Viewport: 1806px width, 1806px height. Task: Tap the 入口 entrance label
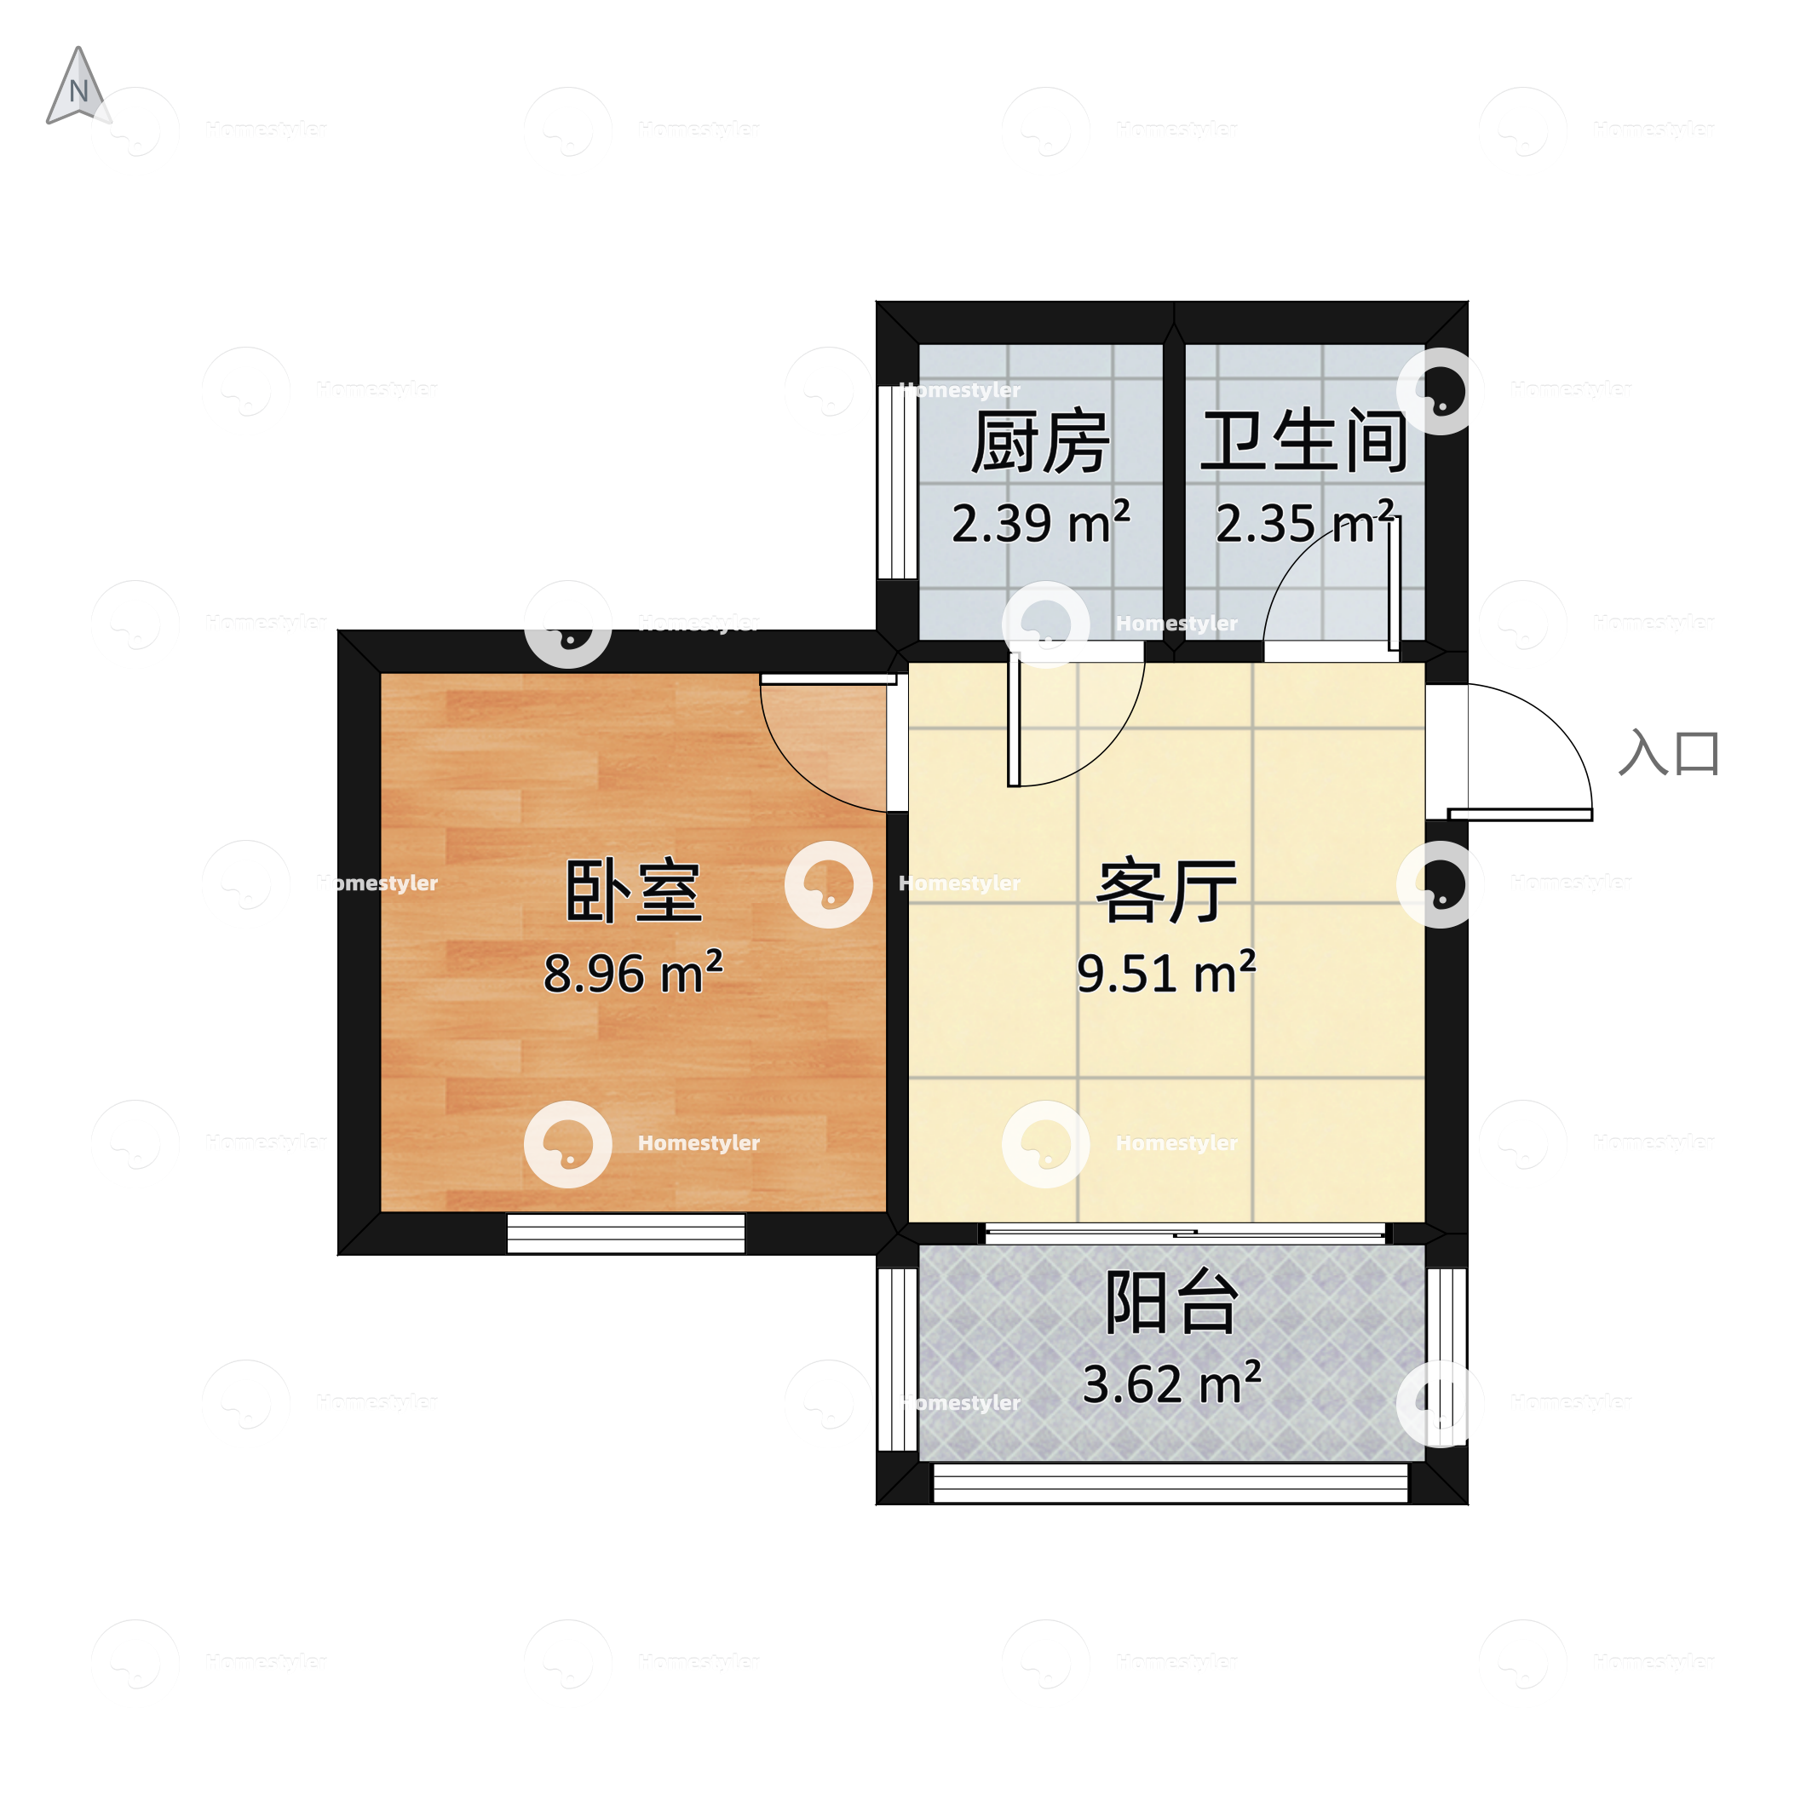[x=1669, y=753]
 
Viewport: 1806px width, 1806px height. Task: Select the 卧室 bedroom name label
[x=633, y=892]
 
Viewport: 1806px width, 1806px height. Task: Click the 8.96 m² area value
[x=633, y=973]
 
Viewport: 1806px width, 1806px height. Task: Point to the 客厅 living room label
[x=1165, y=892]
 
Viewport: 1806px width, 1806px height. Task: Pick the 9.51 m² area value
[x=1165, y=973]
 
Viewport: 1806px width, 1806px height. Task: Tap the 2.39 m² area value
[x=1040, y=522]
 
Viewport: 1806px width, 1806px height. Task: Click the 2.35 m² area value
[x=1305, y=522]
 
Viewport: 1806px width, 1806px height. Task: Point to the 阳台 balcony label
[x=1171, y=1303]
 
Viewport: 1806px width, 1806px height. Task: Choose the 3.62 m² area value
[x=1171, y=1384]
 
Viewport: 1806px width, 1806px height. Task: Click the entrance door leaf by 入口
[x=1520, y=815]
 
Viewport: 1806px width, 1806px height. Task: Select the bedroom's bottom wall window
[x=625, y=1233]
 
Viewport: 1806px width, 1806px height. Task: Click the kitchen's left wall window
[x=896, y=482]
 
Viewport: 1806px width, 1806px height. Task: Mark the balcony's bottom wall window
[x=1170, y=1482]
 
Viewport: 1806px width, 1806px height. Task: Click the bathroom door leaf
[x=1393, y=584]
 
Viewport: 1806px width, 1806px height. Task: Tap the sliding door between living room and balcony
[x=1185, y=1233]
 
